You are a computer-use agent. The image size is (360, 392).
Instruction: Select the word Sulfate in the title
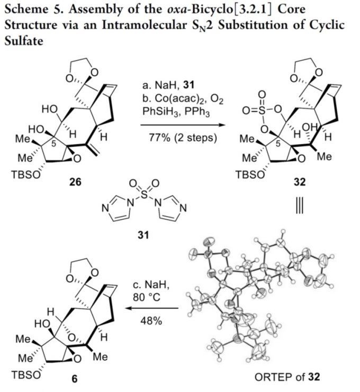(x=22, y=41)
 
